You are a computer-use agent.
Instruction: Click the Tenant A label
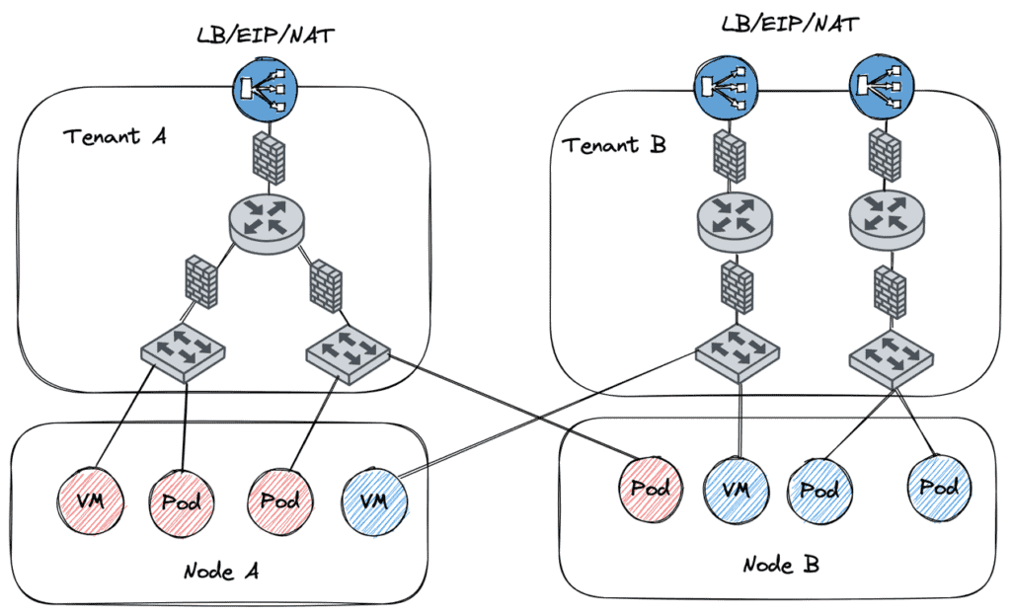tap(115, 136)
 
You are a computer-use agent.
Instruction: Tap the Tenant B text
tap(614, 145)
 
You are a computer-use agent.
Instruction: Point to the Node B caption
tap(780, 565)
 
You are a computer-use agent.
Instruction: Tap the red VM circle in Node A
tap(91, 500)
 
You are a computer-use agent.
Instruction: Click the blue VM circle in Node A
tap(372, 500)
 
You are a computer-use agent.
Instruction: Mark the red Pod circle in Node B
tap(651, 488)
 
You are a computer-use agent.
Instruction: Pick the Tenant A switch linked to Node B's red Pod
tap(349, 348)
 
